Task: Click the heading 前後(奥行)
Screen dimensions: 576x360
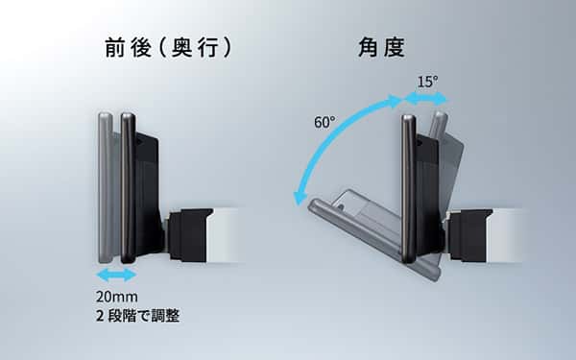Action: coord(168,48)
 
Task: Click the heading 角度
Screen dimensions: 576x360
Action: coord(382,48)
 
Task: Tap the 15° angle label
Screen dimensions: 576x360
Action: coord(427,82)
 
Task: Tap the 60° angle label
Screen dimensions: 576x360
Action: coord(324,122)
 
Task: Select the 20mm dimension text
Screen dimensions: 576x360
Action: coord(117,297)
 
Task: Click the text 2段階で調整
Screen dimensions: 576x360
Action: coord(137,316)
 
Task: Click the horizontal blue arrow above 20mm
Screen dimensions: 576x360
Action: coord(116,275)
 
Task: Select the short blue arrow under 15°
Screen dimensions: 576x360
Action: coord(426,99)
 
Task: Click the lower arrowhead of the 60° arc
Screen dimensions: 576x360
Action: coord(300,199)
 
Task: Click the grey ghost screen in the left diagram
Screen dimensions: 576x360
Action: coord(106,187)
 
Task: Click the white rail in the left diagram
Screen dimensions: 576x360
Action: coord(225,235)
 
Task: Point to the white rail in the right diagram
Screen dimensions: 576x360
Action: coord(505,235)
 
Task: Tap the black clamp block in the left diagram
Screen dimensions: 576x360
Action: coord(189,235)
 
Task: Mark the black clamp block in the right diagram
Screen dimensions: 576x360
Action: coord(469,235)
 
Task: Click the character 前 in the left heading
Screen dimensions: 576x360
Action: coord(115,48)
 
